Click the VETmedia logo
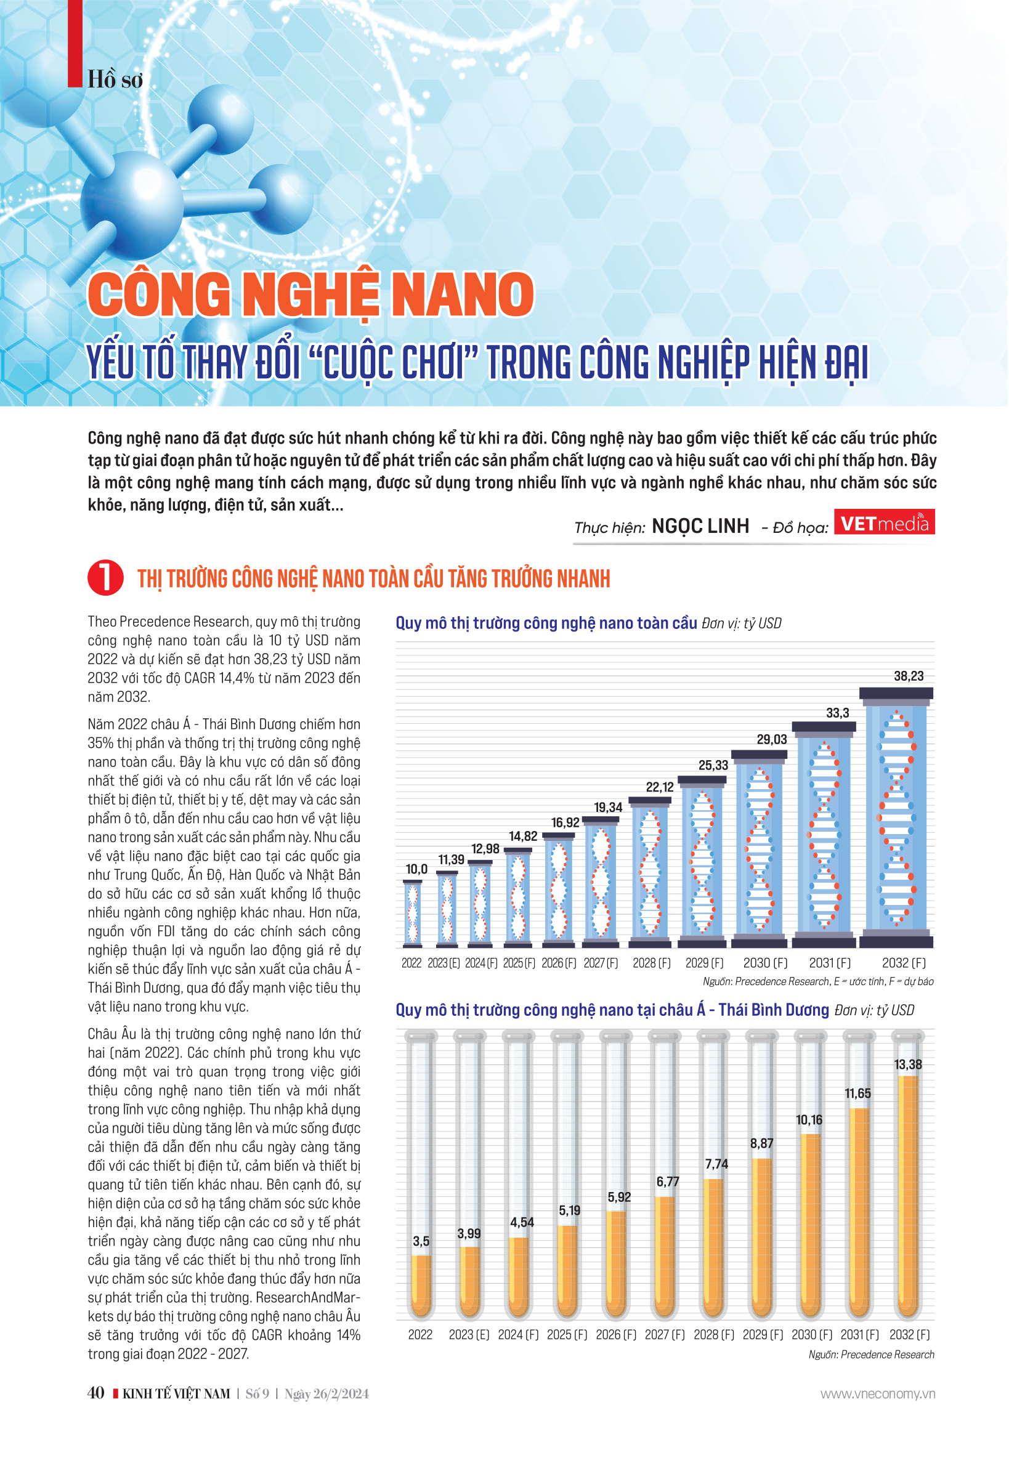pos(884,522)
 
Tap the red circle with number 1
pos(105,577)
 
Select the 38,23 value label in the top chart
pos(909,676)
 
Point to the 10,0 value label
pos(416,869)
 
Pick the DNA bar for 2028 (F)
pos(650,872)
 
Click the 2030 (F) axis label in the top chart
pos(765,963)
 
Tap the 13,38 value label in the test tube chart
pos(908,1065)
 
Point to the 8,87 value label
pos(762,1143)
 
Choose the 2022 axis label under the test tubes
pos(420,1335)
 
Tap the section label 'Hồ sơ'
pos(115,80)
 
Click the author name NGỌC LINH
pos(700,526)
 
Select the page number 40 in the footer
pos(96,1393)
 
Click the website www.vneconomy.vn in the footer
pos(878,1393)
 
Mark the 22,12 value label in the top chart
pos(659,787)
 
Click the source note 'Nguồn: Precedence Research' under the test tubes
pos(871,1355)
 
